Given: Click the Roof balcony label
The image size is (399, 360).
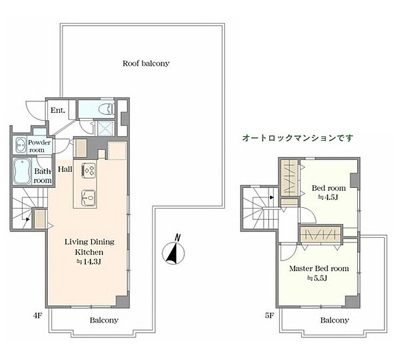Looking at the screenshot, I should coord(146,64).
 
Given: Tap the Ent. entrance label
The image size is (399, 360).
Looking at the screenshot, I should coord(59,110).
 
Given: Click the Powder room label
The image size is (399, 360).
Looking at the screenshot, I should coord(39,145).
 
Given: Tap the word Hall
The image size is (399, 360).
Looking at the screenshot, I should coord(64,169).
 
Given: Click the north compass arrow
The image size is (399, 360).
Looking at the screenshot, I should coord(173,252).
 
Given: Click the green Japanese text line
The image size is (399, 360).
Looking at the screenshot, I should coord(298,138).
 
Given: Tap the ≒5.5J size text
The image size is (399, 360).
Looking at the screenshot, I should coord(317,278).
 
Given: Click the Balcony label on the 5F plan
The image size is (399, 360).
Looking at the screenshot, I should coord(334,320).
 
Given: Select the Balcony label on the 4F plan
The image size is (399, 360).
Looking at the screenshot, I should coord(104,320).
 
